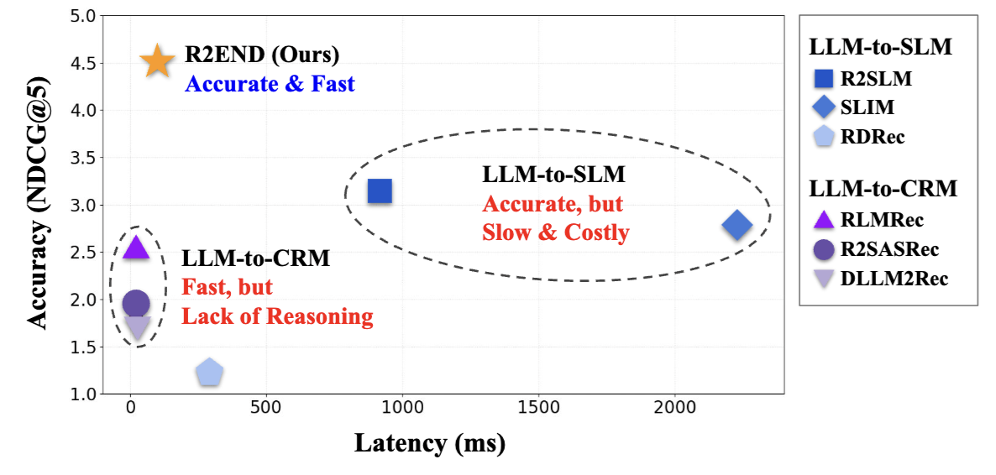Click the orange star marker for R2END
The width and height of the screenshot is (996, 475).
(156, 61)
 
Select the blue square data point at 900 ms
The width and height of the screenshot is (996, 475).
(380, 191)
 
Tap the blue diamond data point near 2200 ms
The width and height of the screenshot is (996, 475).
(737, 225)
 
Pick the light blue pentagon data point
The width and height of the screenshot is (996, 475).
(209, 372)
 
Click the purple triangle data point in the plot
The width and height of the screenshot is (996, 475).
(136, 247)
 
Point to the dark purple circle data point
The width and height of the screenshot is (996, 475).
(136, 303)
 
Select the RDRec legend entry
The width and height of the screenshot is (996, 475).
(860, 136)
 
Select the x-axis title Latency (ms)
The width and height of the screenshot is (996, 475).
(429, 442)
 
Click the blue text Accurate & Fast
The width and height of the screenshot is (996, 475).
(270, 84)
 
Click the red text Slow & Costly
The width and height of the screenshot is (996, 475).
(555, 232)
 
